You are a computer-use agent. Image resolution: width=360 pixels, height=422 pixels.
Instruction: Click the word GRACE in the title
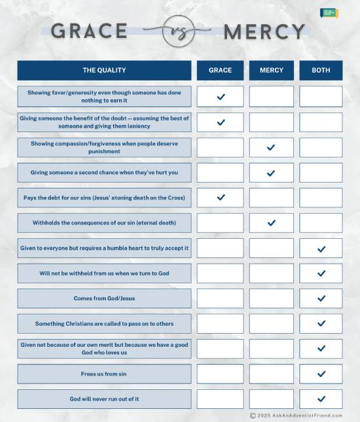89,31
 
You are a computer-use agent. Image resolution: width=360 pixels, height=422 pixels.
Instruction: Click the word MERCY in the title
264,31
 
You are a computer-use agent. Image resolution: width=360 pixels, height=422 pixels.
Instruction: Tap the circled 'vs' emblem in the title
177,31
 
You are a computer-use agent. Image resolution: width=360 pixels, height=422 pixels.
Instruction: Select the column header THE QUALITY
104,70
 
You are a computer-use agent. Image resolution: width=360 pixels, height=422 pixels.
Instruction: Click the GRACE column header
220,70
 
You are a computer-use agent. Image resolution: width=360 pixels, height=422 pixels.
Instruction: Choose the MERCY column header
271,70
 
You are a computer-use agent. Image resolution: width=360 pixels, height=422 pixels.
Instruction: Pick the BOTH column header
321,70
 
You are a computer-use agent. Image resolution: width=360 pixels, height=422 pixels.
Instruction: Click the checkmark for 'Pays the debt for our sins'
221,197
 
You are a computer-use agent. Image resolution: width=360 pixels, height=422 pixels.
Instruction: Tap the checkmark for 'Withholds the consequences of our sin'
271,223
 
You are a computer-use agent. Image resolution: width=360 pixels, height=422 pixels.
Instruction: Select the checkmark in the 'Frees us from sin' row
321,374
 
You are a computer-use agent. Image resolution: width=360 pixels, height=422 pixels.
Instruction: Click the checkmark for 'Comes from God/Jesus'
321,298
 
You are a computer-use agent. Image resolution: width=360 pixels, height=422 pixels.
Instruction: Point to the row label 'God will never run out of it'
104,399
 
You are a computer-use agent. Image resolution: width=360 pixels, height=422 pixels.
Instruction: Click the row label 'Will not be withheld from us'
104,273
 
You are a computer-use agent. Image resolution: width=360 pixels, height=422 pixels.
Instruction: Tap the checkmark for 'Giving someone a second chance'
271,173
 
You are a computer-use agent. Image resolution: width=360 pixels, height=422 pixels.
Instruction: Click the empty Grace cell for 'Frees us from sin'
220,374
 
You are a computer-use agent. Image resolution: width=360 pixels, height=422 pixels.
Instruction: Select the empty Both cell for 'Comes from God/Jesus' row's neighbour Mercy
271,298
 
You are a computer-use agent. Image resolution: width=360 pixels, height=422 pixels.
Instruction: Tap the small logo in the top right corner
329,13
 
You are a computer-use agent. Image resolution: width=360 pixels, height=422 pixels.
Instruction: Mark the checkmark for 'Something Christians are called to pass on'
321,323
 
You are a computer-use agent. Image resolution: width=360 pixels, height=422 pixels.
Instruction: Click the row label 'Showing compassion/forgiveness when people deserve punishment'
104,147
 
